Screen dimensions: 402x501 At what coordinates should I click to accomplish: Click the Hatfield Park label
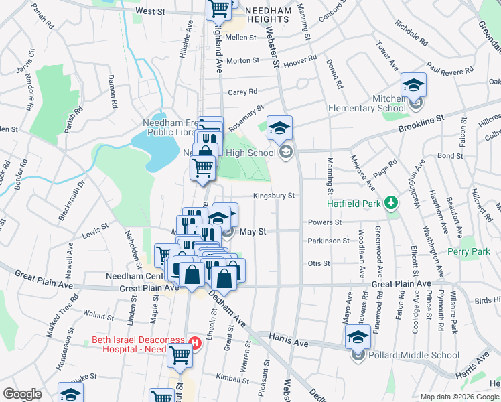click(352, 203)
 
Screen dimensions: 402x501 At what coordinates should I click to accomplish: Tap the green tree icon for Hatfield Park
click(390, 203)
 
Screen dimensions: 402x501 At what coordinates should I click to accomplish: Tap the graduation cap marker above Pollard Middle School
click(358, 337)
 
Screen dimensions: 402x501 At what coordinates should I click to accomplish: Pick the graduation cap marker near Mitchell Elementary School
click(414, 85)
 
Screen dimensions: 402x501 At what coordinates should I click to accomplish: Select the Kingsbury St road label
click(274, 196)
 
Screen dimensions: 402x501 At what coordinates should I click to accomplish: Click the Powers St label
click(325, 222)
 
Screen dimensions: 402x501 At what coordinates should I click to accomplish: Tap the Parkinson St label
click(328, 241)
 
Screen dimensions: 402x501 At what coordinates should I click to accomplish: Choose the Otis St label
click(319, 263)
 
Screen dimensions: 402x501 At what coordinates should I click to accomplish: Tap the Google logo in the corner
click(22, 394)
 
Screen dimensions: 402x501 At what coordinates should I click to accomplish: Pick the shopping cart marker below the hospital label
click(180, 356)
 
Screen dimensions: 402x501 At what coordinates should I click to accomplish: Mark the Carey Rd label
click(242, 92)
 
